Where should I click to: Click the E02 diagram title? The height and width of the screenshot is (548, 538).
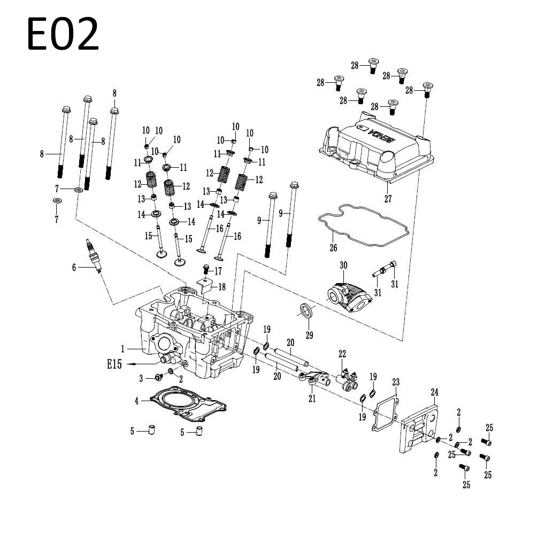pos(63,34)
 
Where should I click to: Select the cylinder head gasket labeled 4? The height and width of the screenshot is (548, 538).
pos(188,404)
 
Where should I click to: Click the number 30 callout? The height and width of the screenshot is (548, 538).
pos(343,265)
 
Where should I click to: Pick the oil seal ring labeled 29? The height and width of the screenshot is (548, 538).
pos(306,311)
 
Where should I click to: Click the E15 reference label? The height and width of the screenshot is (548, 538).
pos(114,364)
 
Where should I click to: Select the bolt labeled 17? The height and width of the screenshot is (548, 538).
pos(206,269)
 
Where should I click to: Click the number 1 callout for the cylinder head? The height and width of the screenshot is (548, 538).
pos(122,349)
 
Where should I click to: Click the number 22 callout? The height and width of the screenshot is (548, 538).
pos(342,354)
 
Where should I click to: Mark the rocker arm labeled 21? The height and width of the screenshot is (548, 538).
pos(313,380)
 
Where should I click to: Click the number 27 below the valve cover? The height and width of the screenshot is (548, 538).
pos(388,199)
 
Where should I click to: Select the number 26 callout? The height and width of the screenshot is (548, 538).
pos(333,248)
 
